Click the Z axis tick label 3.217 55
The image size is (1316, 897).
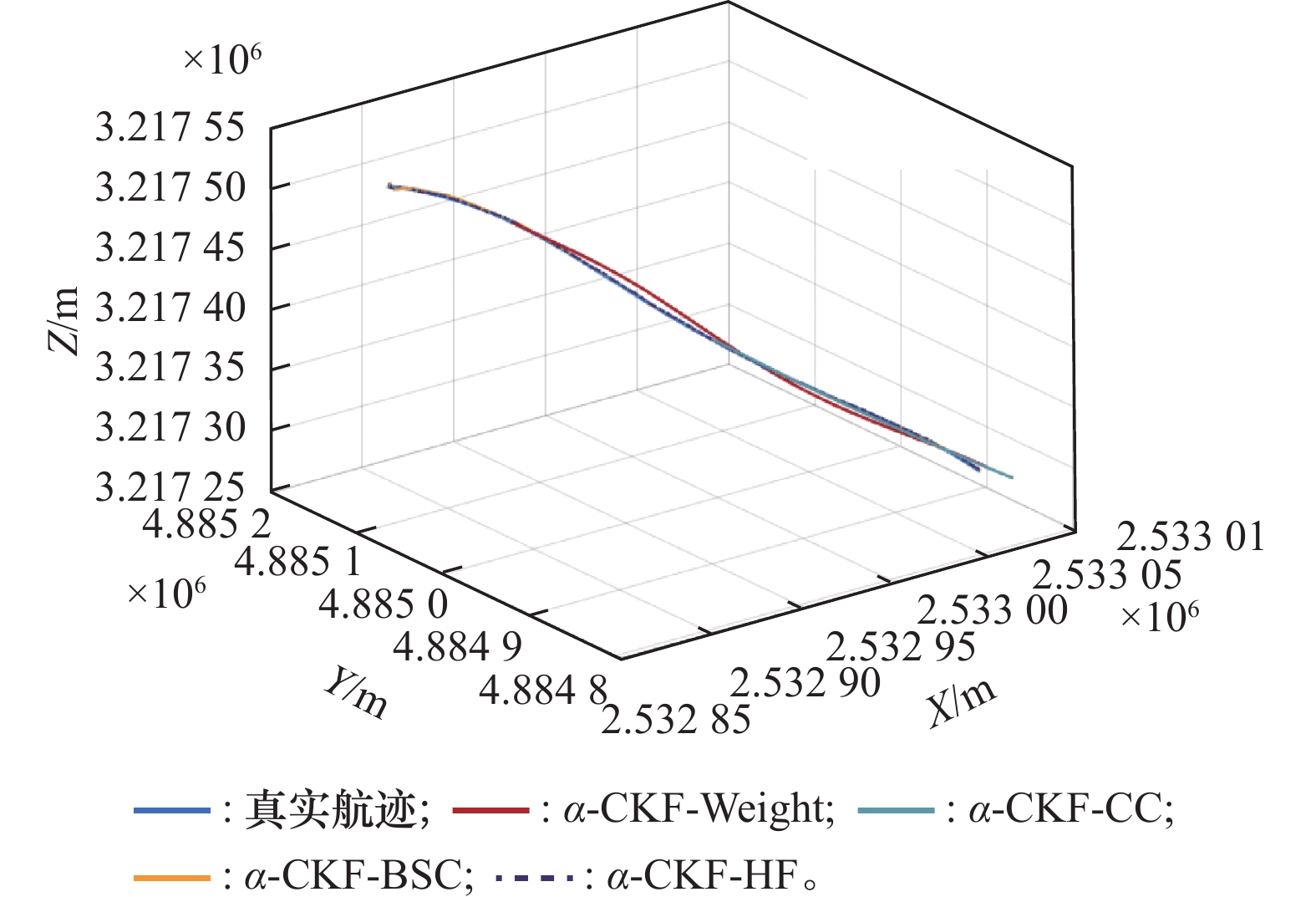[x=170, y=128]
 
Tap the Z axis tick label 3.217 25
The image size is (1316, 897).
[x=170, y=487]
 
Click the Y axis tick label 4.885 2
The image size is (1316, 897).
[x=206, y=524]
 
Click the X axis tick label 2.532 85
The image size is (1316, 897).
[x=676, y=719]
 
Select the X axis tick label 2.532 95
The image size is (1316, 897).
[x=901, y=646]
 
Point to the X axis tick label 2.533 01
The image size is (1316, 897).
[x=1191, y=536]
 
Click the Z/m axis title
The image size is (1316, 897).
[x=65, y=320]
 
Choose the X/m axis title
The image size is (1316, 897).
[x=962, y=701]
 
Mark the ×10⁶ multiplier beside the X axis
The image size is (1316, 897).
[x=1159, y=616]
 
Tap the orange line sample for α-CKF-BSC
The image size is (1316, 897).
[x=171, y=878]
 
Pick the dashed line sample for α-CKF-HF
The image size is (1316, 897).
[x=535, y=878]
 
